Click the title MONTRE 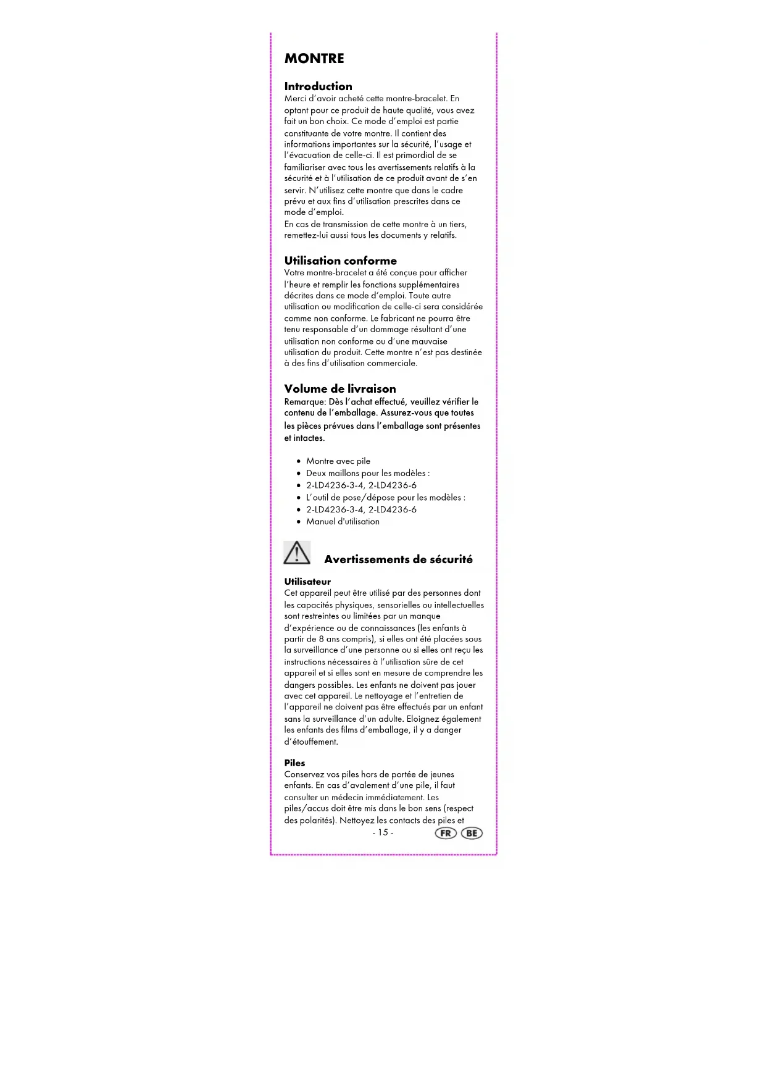click(x=314, y=59)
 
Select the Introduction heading click(x=318, y=86)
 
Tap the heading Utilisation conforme click(x=340, y=261)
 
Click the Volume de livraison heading click(x=340, y=388)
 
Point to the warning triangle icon click(x=297, y=553)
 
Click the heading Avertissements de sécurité click(x=398, y=559)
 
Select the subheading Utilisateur click(x=307, y=582)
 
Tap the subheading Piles click(x=294, y=763)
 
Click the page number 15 click(x=383, y=832)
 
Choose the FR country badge click(x=446, y=833)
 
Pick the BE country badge click(x=472, y=833)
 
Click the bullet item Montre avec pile click(x=338, y=461)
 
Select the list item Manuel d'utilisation click(x=343, y=522)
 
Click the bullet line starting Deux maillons click(x=368, y=474)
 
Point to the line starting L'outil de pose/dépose click(x=386, y=498)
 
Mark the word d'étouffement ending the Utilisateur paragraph click(x=311, y=742)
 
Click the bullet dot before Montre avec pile click(x=299, y=461)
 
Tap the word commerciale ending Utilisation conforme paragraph click(x=392, y=363)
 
